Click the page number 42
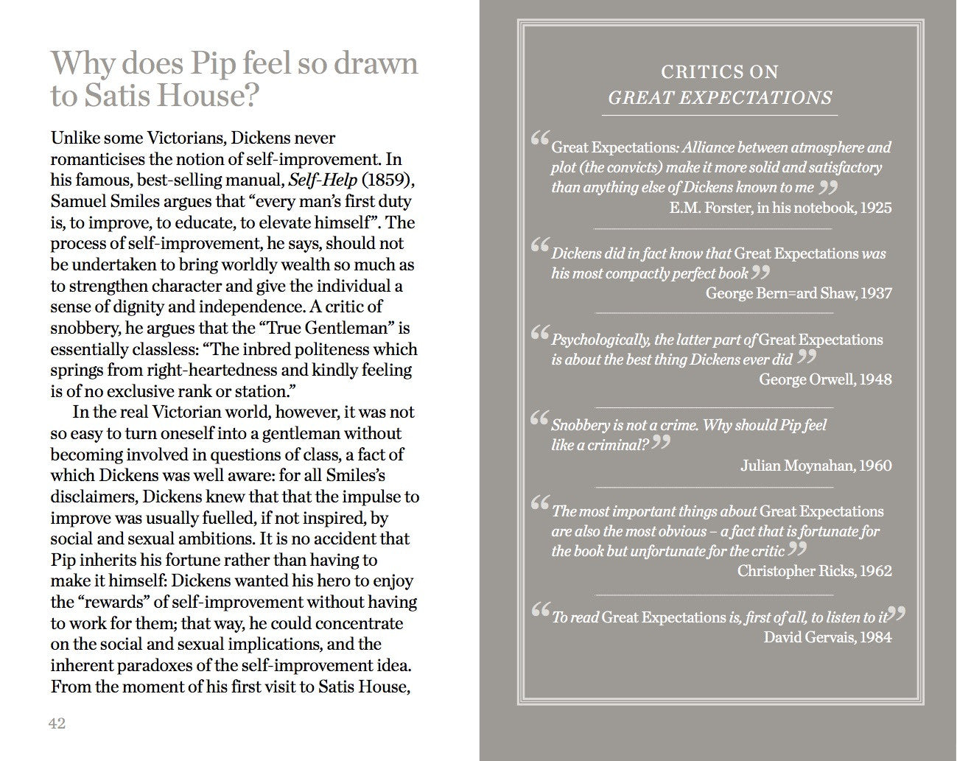[x=57, y=723]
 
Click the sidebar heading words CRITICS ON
[x=720, y=72]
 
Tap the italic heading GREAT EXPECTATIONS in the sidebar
[x=720, y=98]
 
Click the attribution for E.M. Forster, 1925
[x=780, y=208]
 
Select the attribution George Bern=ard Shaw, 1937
[x=799, y=293]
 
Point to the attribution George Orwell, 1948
[x=825, y=379]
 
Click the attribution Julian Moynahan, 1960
[x=816, y=466]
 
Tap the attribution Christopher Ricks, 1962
[x=814, y=571]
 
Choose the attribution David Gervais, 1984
[x=827, y=637]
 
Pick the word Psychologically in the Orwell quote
[x=600, y=340]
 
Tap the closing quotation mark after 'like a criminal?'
[x=661, y=442]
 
